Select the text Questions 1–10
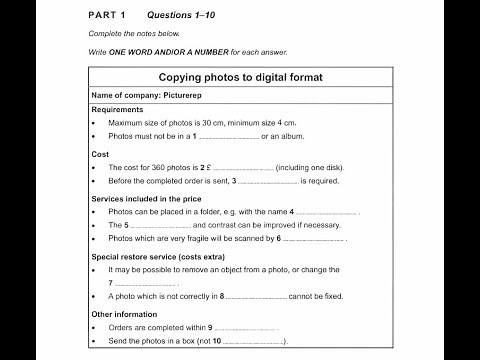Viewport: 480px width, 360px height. click(180, 16)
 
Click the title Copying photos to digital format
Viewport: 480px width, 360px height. click(239, 77)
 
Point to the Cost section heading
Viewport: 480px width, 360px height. click(100, 155)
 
